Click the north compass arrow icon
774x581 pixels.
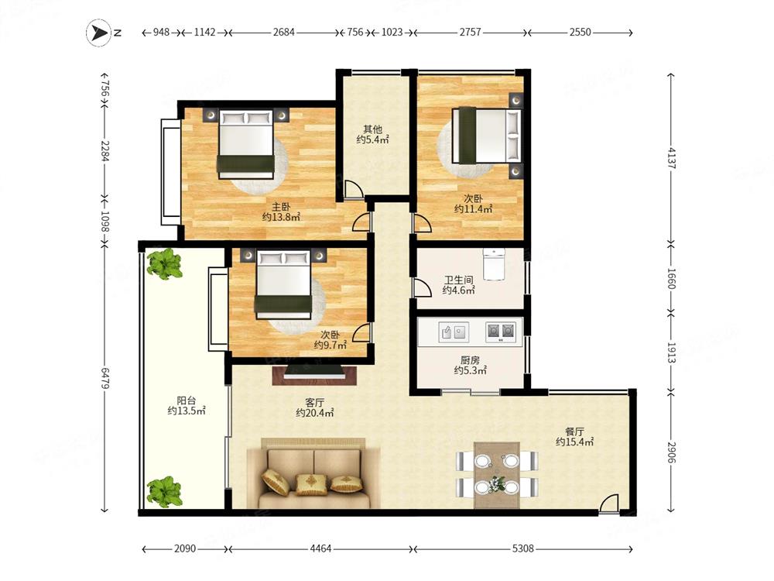click(x=99, y=33)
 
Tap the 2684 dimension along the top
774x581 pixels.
click(x=284, y=33)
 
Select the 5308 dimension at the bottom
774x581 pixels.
click(x=522, y=548)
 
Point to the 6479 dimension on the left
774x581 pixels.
click(x=105, y=377)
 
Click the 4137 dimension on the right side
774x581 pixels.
click(x=671, y=158)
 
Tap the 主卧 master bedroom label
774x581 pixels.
click(x=281, y=207)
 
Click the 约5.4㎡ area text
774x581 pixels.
click(x=373, y=139)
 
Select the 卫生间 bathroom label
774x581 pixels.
click(x=458, y=280)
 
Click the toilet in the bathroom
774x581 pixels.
click(x=494, y=264)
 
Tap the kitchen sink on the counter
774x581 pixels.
click(x=454, y=332)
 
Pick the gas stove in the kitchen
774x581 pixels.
click(x=501, y=332)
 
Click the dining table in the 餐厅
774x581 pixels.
click(x=497, y=475)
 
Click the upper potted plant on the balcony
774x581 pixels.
click(x=165, y=264)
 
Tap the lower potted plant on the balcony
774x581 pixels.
click(x=165, y=492)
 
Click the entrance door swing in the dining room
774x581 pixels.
click(x=608, y=504)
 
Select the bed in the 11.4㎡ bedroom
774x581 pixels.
click(x=487, y=136)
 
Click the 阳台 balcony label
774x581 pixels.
click(x=186, y=401)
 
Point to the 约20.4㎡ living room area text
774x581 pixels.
click(x=315, y=413)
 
